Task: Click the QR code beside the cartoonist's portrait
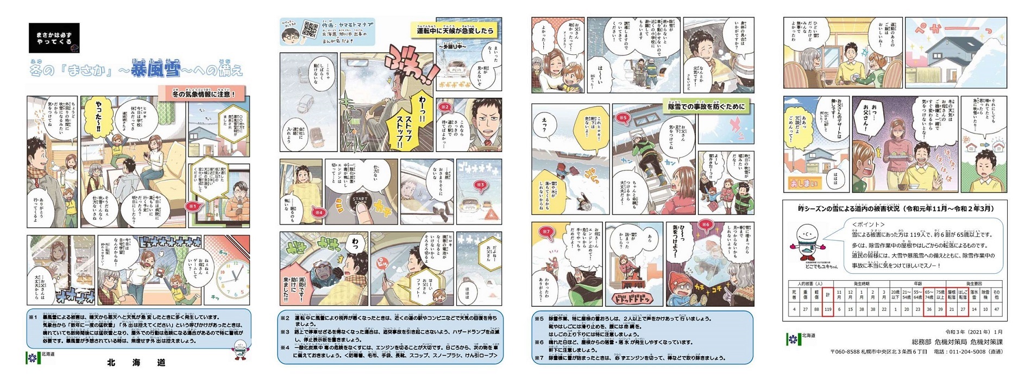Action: [310, 30]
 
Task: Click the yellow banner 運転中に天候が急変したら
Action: [455, 31]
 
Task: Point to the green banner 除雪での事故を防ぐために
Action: [707, 107]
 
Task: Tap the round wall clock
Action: [232, 276]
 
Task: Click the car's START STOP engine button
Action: [360, 202]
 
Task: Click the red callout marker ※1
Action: [193, 206]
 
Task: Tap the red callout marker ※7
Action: [546, 231]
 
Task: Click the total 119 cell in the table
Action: [828, 310]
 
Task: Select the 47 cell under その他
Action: [996, 310]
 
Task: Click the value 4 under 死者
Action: [794, 310]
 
